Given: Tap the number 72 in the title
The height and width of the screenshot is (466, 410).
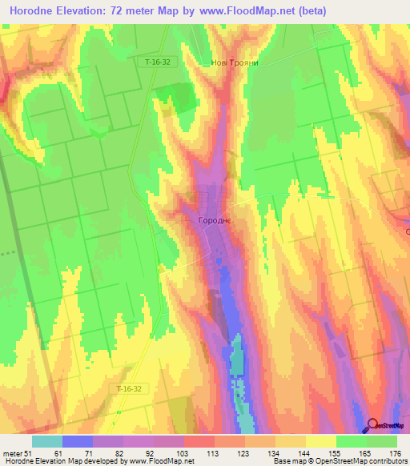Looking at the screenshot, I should click(x=138, y=11).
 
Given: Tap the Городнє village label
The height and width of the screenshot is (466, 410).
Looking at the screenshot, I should click(x=215, y=219).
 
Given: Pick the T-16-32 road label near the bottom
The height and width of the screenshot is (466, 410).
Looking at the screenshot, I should click(x=127, y=388).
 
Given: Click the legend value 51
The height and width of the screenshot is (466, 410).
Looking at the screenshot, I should click(x=27, y=453).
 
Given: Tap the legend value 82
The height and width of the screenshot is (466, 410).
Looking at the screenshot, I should click(x=119, y=453).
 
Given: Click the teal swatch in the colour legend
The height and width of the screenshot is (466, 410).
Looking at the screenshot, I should click(x=46, y=441).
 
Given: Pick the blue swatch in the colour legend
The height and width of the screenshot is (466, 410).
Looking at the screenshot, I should click(x=77, y=441).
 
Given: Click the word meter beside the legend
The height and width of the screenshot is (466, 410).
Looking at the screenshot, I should click(x=11, y=453).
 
